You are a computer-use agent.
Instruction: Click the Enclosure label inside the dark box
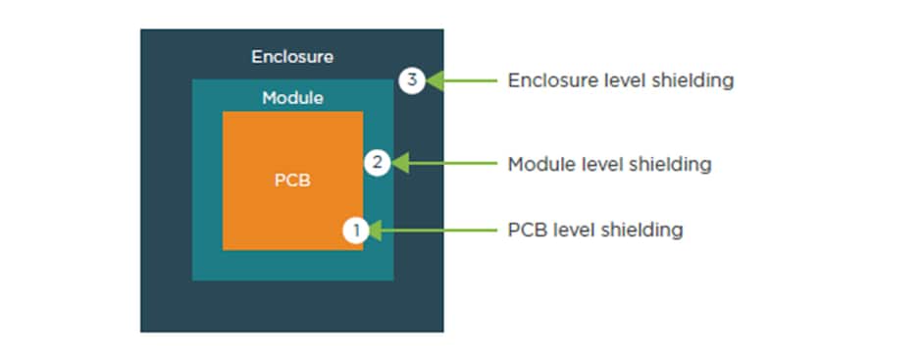(x=291, y=57)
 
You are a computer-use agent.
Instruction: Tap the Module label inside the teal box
(x=292, y=99)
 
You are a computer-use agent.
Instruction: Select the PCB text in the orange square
(x=292, y=181)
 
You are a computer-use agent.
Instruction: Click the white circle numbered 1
(x=356, y=231)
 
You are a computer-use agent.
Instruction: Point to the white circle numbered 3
(x=412, y=80)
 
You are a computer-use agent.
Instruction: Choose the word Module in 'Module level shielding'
(x=537, y=164)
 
